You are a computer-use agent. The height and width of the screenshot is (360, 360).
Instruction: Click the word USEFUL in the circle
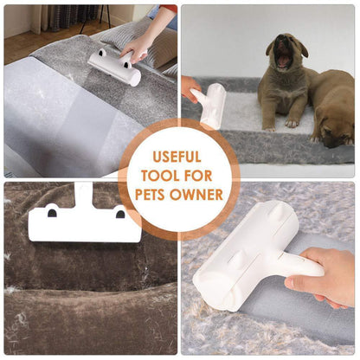178,157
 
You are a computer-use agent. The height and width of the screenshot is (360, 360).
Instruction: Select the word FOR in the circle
200,176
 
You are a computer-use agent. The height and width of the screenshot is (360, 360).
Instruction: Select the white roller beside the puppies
213,104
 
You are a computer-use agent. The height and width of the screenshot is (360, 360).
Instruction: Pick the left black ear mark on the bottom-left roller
52,213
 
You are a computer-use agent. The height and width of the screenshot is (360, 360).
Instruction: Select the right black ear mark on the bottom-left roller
119,213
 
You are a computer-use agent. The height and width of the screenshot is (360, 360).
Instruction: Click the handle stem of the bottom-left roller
85,195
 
